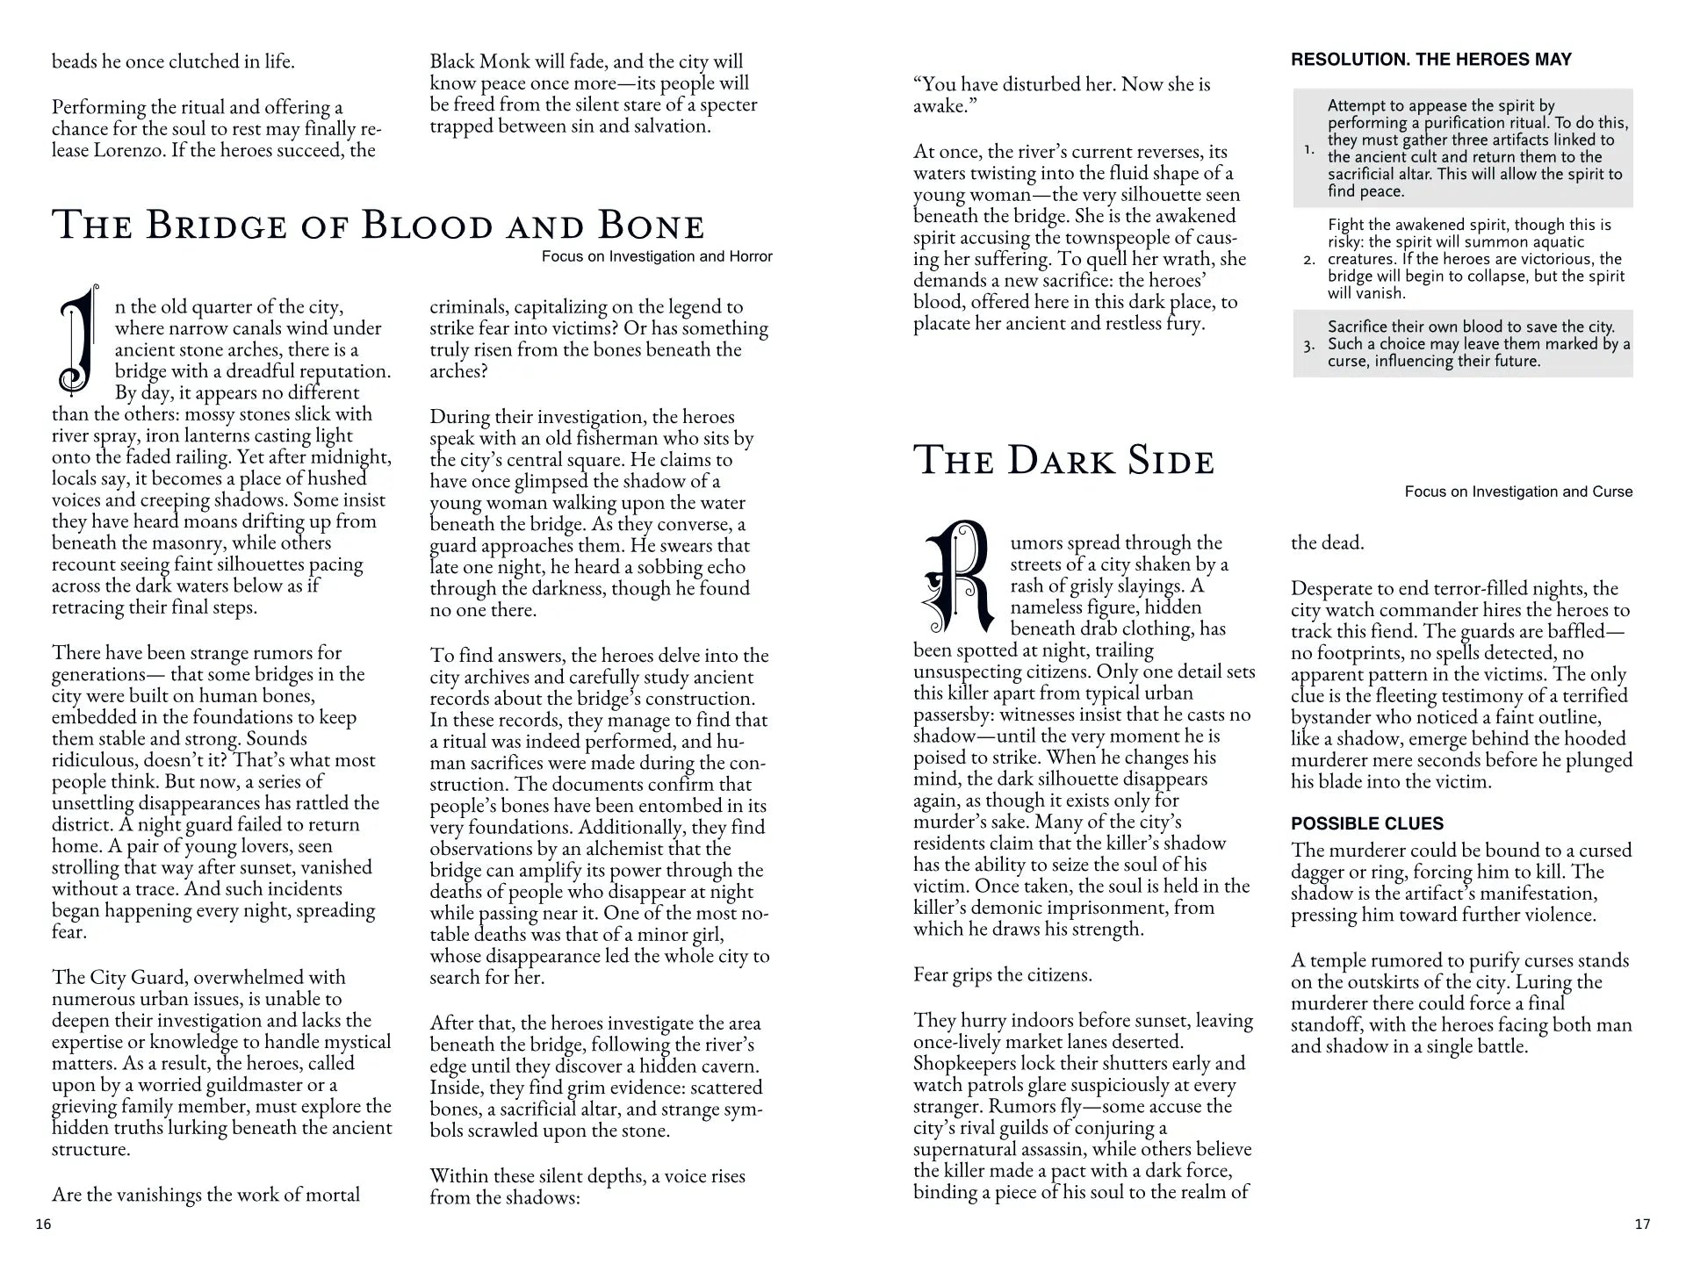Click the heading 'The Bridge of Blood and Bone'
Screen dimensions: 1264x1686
coord(378,225)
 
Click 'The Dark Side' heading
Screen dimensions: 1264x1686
coord(1063,461)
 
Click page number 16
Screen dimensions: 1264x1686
coord(43,1224)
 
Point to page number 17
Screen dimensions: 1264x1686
coord(1642,1224)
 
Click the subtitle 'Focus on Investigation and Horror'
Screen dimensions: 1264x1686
coord(657,256)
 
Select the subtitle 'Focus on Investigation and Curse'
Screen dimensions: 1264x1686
coord(1518,492)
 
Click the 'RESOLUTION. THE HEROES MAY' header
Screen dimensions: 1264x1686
coord(1430,60)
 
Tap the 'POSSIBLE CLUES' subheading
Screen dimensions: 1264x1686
coord(1366,823)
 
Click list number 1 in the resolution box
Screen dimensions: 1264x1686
coord(1308,149)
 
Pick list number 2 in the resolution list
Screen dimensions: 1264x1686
coord(1308,260)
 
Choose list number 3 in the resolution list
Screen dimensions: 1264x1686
coord(1308,345)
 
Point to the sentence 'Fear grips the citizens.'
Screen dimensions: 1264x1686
coord(1002,974)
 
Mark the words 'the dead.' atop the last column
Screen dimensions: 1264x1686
coord(1327,542)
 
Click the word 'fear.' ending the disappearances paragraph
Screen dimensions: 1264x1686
coord(69,931)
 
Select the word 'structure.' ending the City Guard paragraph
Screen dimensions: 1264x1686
coord(90,1149)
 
